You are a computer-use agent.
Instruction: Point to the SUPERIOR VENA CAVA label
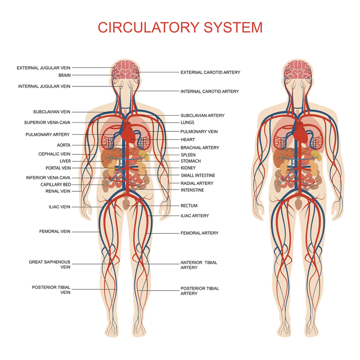(x=47, y=122)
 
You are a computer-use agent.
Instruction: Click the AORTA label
(x=63, y=145)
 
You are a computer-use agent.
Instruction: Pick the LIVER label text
(x=65, y=161)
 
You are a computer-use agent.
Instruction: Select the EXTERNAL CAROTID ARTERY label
(x=210, y=72)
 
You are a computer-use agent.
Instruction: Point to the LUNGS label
(x=188, y=122)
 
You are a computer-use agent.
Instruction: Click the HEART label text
(x=188, y=140)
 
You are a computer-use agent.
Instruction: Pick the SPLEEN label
(x=188, y=155)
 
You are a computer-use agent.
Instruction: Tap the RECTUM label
(x=189, y=206)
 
